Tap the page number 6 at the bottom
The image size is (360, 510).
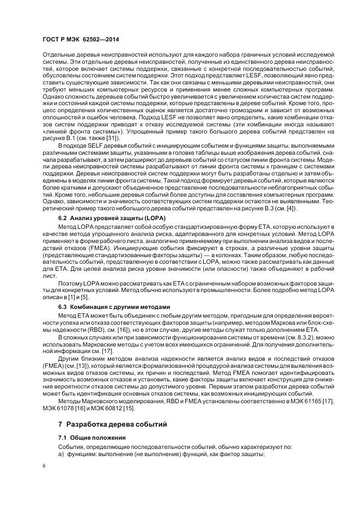(x=45, y=466)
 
